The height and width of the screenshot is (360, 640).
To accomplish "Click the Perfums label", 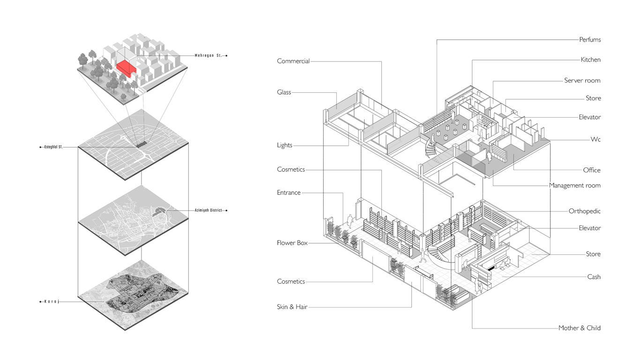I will point(590,40).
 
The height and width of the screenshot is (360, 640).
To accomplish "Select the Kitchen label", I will point(590,60).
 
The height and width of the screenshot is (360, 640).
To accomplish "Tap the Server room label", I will point(582,81).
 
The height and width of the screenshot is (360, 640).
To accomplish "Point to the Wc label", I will point(595,140).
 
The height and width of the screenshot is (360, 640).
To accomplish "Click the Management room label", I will point(575,186).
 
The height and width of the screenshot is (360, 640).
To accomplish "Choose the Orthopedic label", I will point(584,211).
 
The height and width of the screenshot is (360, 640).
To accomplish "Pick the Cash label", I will point(594,277).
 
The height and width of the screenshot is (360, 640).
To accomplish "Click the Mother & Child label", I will point(579,328).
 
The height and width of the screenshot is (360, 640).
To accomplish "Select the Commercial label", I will point(293,61).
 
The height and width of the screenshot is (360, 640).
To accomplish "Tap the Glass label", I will point(284,92).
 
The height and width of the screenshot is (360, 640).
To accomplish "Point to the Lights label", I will point(284,145).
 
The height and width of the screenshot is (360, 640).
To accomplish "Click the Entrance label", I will point(289,193).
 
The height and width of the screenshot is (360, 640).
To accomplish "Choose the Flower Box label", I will point(292,243).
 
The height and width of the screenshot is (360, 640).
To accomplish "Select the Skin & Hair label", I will point(292,307).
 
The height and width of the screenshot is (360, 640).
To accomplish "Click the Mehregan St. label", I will point(208,56).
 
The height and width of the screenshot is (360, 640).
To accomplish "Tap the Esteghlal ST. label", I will point(53,147).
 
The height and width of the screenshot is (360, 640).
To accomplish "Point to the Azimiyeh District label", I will point(208,210).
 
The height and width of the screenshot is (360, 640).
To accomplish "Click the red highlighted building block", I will point(126,68).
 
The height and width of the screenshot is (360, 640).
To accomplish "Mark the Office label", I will point(592,170).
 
